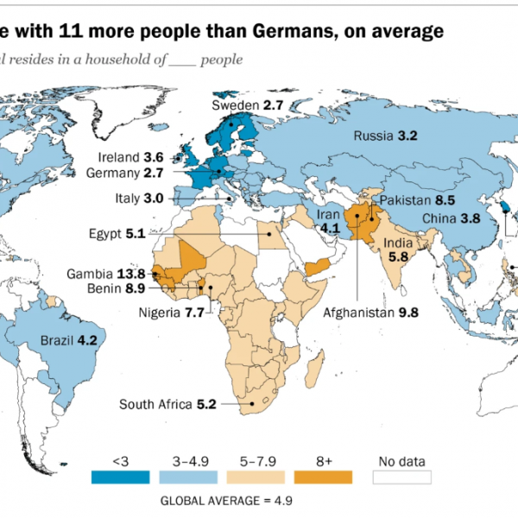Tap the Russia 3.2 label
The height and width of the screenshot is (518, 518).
point(386,136)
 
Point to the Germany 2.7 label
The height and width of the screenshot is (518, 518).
point(136,172)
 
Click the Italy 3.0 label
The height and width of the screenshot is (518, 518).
point(140,199)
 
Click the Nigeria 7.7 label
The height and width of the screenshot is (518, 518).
point(171,312)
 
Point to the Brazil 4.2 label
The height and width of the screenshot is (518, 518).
point(69,341)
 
